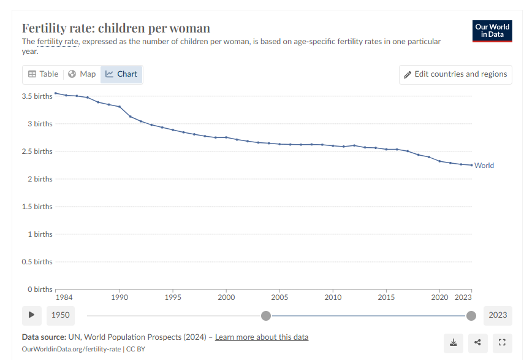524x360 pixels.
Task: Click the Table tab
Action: pyautogui.click(x=43, y=74)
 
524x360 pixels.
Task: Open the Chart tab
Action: pyautogui.click(x=121, y=74)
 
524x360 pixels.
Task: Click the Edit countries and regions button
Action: pyautogui.click(x=455, y=74)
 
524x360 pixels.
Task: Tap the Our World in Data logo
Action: pyautogui.click(x=492, y=31)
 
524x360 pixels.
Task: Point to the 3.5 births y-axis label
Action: pyautogui.click(x=37, y=96)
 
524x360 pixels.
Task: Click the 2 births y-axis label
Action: pyautogui.click(x=39, y=179)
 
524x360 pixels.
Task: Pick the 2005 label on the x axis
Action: pyautogui.click(x=279, y=297)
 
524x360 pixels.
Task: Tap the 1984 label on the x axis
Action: pyautogui.click(x=64, y=297)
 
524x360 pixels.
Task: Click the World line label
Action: pyautogui.click(x=484, y=166)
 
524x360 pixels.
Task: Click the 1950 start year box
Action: pyautogui.click(x=61, y=315)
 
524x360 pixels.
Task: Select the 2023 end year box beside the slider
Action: pyautogui.click(x=498, y=315)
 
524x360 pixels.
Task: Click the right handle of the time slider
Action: pyautogui.click(x=471, y=315)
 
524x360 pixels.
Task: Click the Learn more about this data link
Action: pyautogui.click(x=262, y=337)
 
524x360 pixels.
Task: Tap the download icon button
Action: pyautogui.click(x=454, y=342)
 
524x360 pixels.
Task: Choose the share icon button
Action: pyautogui.click(x=477, y=342)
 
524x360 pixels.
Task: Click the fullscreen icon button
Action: pyautogui.click(x=502, y=342)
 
